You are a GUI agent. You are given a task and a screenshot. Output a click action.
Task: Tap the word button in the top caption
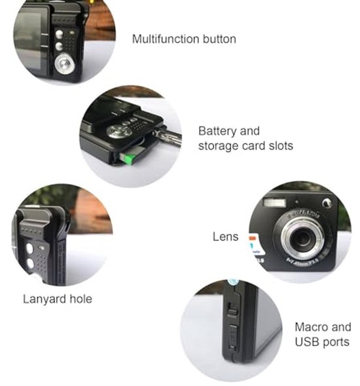(219, 39)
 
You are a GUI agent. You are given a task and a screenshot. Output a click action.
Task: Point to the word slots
(281, 145)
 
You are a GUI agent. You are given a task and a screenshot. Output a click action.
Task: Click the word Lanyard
(45, 299)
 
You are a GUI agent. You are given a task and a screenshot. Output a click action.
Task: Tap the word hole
(81, 299)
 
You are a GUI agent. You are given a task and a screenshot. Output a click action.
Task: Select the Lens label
(226, 237)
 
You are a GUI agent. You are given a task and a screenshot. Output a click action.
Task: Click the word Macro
(311, 327)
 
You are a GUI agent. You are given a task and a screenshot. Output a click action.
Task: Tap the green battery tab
(128, 159)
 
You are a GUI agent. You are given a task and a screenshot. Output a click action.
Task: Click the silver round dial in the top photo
(64, 64)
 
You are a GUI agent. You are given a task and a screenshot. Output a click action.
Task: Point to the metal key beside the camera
(168, 138)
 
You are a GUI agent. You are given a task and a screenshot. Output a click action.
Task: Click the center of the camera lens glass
(302, 239)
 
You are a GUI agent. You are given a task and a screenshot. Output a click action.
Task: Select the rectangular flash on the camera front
(275, 203)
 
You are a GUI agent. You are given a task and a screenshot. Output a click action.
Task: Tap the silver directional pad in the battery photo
(120, 132)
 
